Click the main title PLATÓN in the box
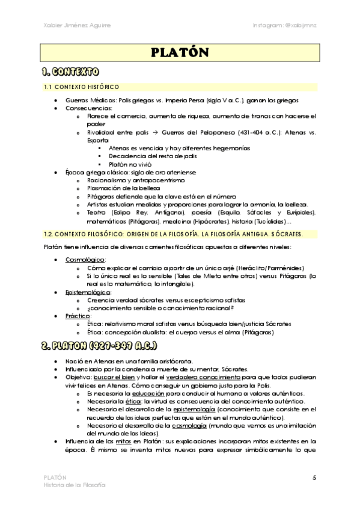click(x=180, y=53)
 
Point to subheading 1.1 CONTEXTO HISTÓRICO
click(x=82, y=87)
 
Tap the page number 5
click(x=314, y=477)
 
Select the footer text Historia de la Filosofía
click(x=75, y=485)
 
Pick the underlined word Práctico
click(x=78, y=315)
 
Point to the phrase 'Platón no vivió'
click(x=130, y=164)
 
